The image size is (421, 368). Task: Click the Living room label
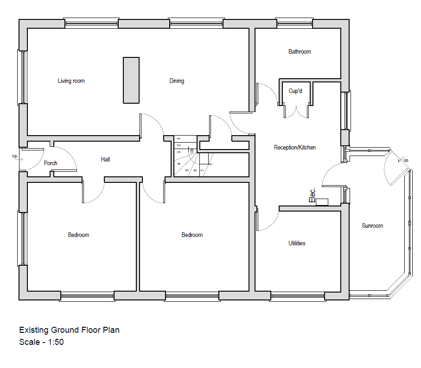(x=71, y=81)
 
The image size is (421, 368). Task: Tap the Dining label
(x=177, y=81)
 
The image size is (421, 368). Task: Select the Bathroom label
(x=300, y=52)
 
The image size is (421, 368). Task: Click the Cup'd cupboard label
(x=295, y=91)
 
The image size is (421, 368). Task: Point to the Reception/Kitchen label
(x=295, y=148)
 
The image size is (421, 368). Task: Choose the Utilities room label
(x=297, y=243)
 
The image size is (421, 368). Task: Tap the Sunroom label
(x=372, y=226)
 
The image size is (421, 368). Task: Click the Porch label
(x=51, y=163)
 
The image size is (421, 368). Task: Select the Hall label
(x=105, y=160)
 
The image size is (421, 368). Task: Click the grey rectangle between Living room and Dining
(x=131, y=80)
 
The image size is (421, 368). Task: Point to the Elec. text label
(x=313, y=195)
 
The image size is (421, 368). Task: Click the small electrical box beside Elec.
(x=322, y=202)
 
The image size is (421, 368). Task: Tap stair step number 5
(x=187, y=170)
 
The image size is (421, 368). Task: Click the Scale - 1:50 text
(x=41, y=343)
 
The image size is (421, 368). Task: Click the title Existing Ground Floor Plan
(x=69, y=330)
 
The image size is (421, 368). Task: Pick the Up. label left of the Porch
(x=15, y=156)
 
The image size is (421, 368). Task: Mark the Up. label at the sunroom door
(x=406, y=160)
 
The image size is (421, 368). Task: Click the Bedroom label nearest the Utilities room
(x=192, y=235)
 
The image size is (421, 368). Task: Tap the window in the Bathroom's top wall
(x=294, y=23)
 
